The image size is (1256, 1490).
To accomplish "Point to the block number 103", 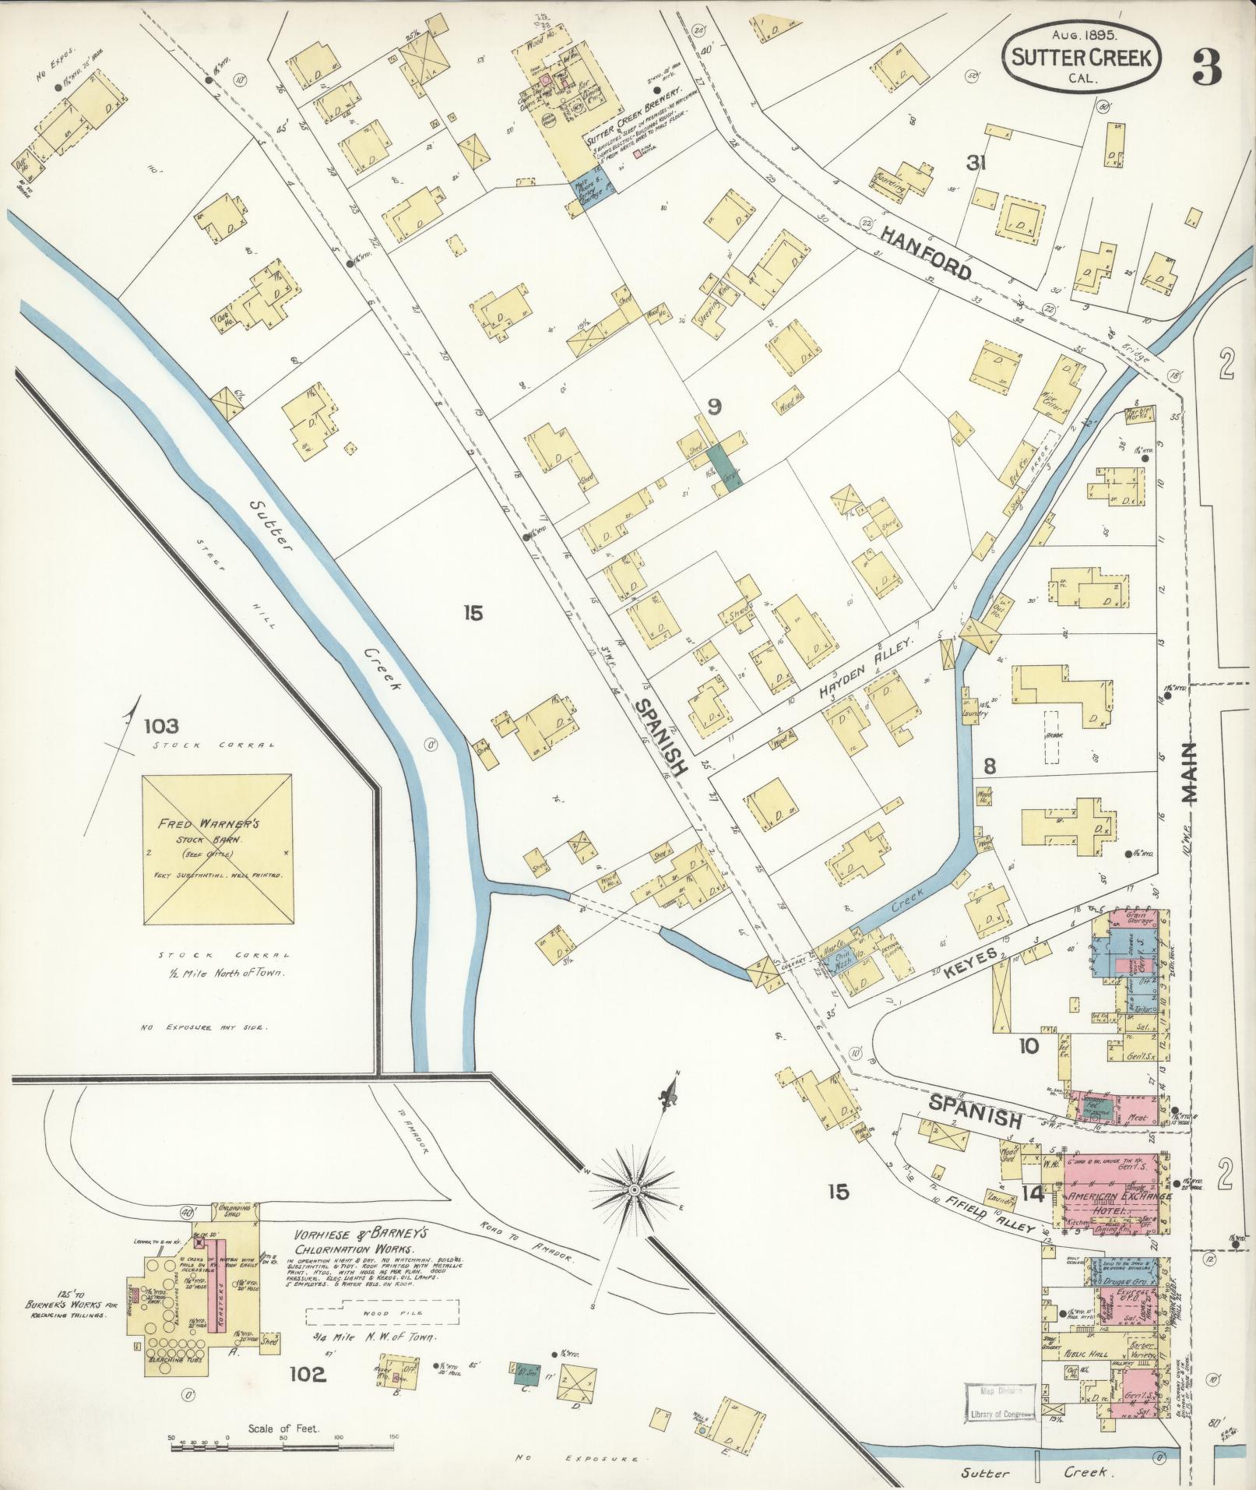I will [x=160, y=727].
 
